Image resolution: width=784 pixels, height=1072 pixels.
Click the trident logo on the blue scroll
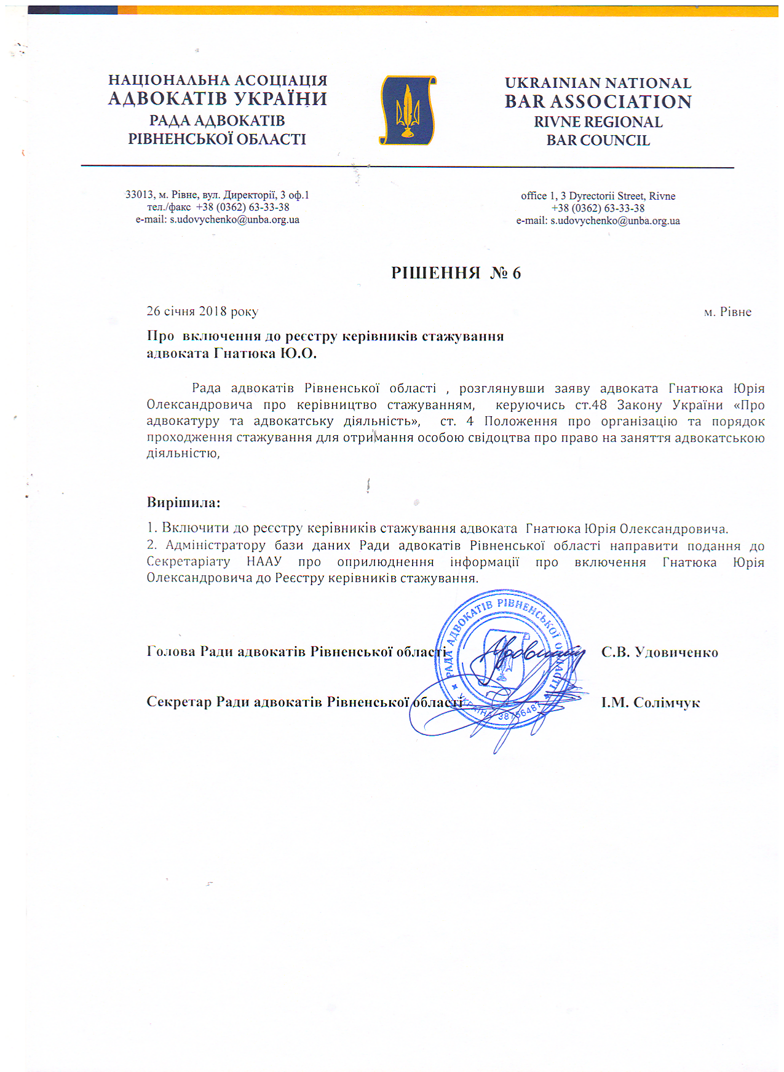click(x=406, y=110)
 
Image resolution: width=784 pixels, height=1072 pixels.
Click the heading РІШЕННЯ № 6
click(x=456, y=274)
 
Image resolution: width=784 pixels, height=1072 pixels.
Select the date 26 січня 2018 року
click(x=202, y=312)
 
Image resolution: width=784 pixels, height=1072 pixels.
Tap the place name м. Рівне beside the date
click(x=727, y=312)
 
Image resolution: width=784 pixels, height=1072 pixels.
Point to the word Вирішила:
click(x=183, y=503)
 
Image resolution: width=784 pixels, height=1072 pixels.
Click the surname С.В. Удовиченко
click(x=659, y=653)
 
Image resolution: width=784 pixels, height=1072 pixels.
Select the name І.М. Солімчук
click(x=651, y=703)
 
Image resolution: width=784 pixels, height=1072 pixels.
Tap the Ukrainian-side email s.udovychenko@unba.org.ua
click(x=234, y=219)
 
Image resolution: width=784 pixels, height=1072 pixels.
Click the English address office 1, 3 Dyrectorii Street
click(x=598, y=196)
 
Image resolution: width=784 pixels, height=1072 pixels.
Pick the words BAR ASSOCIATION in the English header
click(x=598, y=102)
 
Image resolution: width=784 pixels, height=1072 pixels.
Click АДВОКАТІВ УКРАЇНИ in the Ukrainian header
click(x=217, y=99)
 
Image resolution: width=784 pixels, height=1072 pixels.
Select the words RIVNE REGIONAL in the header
click(x=598, y=122)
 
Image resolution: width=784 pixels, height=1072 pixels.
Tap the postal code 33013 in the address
click(x=139, y=195)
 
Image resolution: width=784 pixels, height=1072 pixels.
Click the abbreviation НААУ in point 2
click(x=264, y=562)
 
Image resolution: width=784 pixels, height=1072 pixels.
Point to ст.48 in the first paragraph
click(x=590, y=405)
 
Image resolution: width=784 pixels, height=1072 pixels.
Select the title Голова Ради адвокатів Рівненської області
click(x=296, y=652)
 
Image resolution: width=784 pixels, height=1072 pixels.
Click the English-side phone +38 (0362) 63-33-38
click(x=598, y=208)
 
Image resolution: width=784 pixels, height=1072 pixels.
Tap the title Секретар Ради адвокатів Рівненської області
click(x=304, y=702)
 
